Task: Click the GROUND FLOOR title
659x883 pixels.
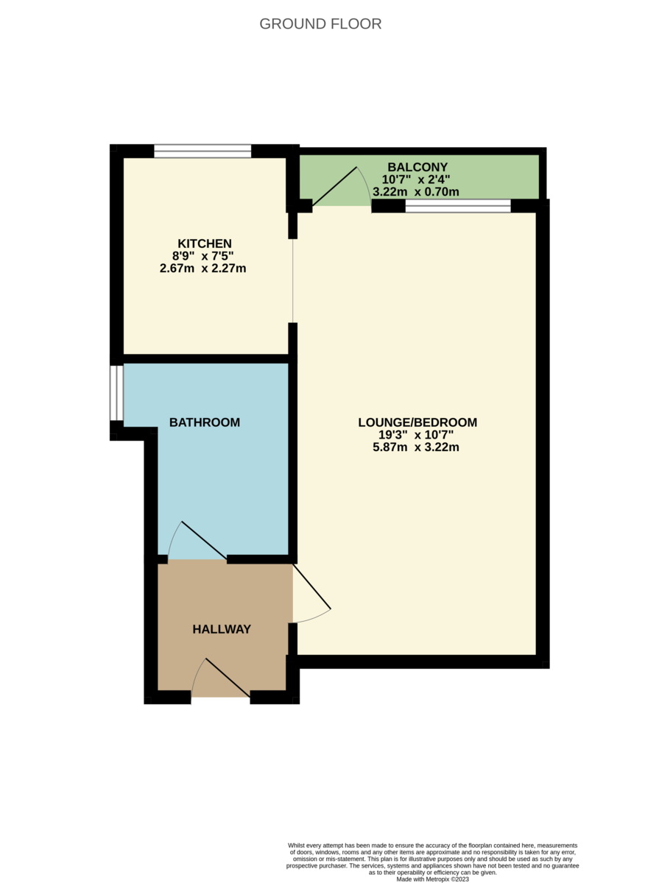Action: (x=320, y=24)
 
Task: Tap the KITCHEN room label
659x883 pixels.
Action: (x=205, y=244)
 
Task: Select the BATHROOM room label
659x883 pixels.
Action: (x=205, y=422)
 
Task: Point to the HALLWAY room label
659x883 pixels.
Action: (x=222, y=628)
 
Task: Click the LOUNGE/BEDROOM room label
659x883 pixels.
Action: (x=417, y=422)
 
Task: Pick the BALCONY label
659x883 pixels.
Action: (x=417, y=167)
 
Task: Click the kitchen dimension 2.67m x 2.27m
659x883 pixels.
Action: (x=203, y=269)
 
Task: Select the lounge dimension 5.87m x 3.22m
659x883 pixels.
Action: (x=416, y=447)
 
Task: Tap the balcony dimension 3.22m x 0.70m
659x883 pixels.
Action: (x=416, y=192)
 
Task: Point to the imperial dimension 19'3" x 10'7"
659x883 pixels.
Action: (x=416, y=434)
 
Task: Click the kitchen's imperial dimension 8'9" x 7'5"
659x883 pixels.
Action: (x=203, y=256)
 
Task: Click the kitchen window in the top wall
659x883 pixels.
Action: (x=202, y=152)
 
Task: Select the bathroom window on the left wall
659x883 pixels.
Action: (x=117, y=393)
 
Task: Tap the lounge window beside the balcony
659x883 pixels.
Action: (x=458, y=206)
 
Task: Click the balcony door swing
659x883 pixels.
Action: (x=342, y=186)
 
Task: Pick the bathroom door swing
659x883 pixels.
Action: (x=197, y=540)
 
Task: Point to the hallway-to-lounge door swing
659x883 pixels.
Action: (x=311, y=594)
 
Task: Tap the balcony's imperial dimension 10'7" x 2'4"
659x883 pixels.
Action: (x=416, y=180)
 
